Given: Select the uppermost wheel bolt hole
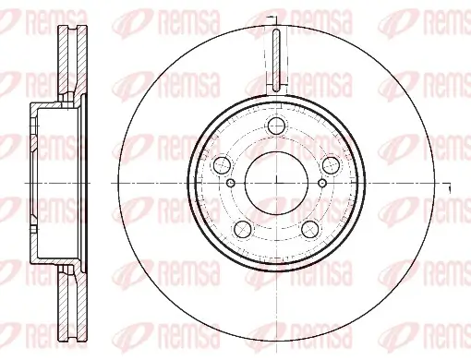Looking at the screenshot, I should (x=276, y=128).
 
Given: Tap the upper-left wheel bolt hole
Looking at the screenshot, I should (x=223, y=165).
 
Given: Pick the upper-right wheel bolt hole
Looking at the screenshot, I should (x=329, y=165).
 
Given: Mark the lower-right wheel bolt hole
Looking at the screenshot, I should (x=309, y=228).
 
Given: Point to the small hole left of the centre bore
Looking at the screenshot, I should (x=231, y=183).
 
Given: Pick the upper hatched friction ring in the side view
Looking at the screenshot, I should (x=68, y=65).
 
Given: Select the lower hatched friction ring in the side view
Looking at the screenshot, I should (x=68, y=300).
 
